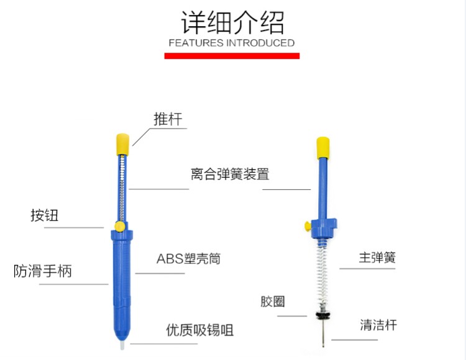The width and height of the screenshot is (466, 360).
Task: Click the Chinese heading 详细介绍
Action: coord(232,22)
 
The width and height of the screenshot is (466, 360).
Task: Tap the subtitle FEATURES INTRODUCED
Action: coord(232,43)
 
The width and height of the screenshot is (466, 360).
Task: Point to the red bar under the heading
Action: coord(232,56)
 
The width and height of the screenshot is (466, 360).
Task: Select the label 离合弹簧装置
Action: coord(230,174)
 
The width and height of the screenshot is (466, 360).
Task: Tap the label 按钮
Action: coord(44,215)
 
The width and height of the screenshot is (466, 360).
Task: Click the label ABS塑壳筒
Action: coord(188,259)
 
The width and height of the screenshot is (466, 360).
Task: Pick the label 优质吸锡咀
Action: coord(200,330)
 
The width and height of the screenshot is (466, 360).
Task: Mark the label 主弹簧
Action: coord(377,257)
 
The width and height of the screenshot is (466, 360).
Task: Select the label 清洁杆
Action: coord(378,325)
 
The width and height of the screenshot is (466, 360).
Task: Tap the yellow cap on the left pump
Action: coord(122,142)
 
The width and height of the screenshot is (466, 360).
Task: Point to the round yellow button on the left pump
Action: coord(119,227)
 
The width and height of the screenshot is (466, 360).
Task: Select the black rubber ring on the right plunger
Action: coord(323,315)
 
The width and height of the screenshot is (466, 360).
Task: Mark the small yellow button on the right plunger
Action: coord(307,225)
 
